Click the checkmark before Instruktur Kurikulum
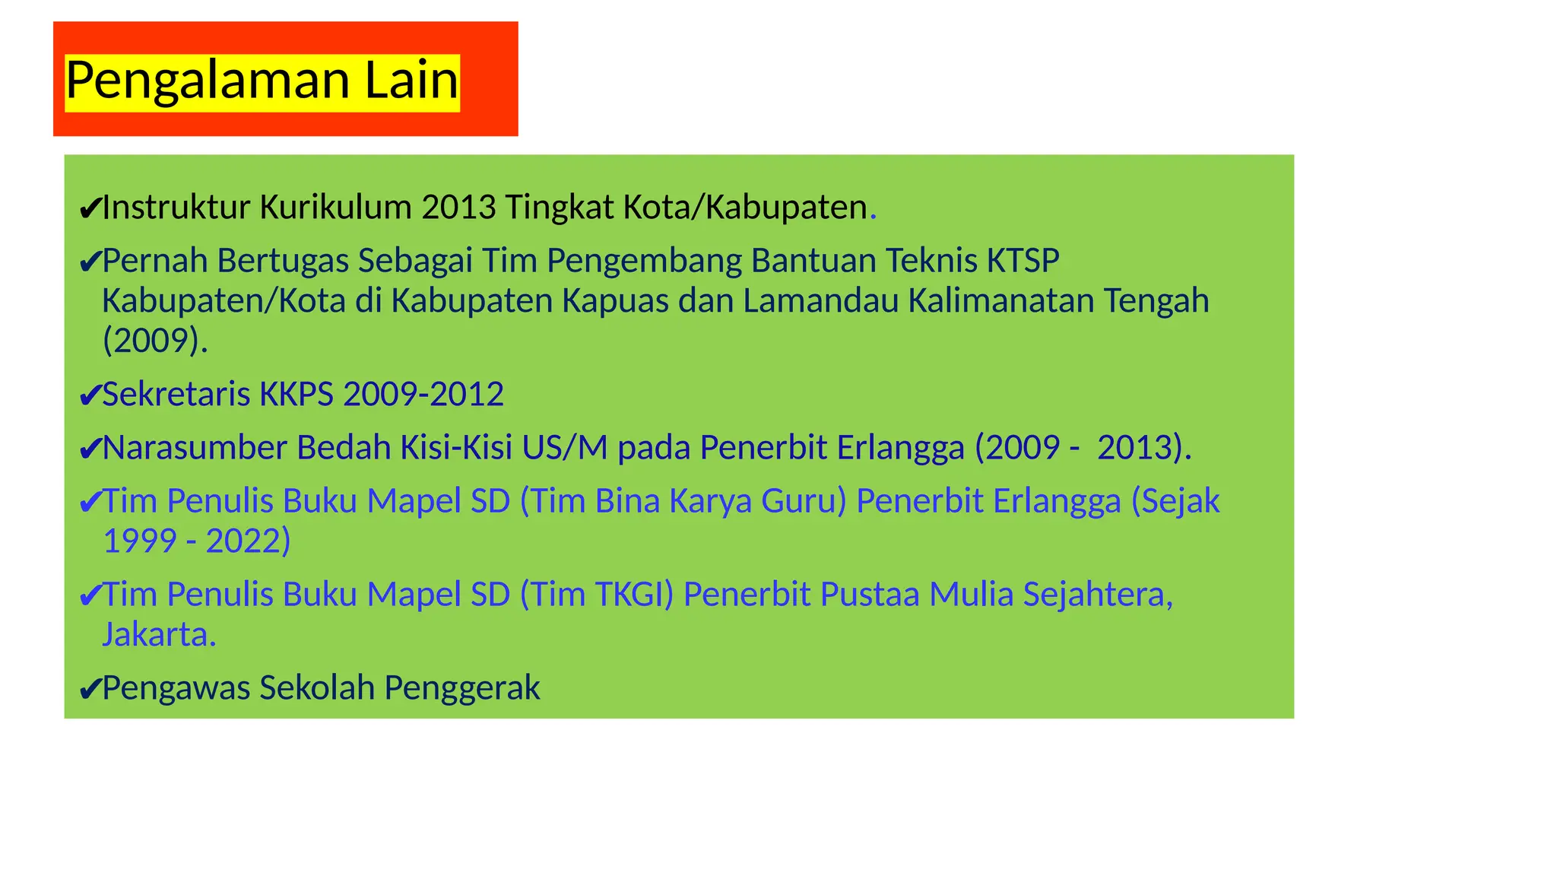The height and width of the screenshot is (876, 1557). click(x=90, y=208)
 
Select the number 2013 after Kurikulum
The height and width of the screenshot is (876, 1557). click(x=458, y=208)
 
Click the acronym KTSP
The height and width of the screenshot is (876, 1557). click(x=1023, y=261)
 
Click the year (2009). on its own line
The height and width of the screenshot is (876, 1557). click(x=155, y=341)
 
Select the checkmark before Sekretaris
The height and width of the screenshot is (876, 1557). click(x=90, y=395)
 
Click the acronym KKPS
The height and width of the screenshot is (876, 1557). click(x=296, y=395)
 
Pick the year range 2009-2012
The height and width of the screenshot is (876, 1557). click(x=423, y=395)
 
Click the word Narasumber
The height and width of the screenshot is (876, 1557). click(x=195, y=448)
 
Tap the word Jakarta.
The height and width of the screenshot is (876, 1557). click(x=160, y=635)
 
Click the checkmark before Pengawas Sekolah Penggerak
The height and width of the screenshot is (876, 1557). click(x=90, y=690)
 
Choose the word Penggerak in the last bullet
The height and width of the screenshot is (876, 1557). click(x=462, y=688)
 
